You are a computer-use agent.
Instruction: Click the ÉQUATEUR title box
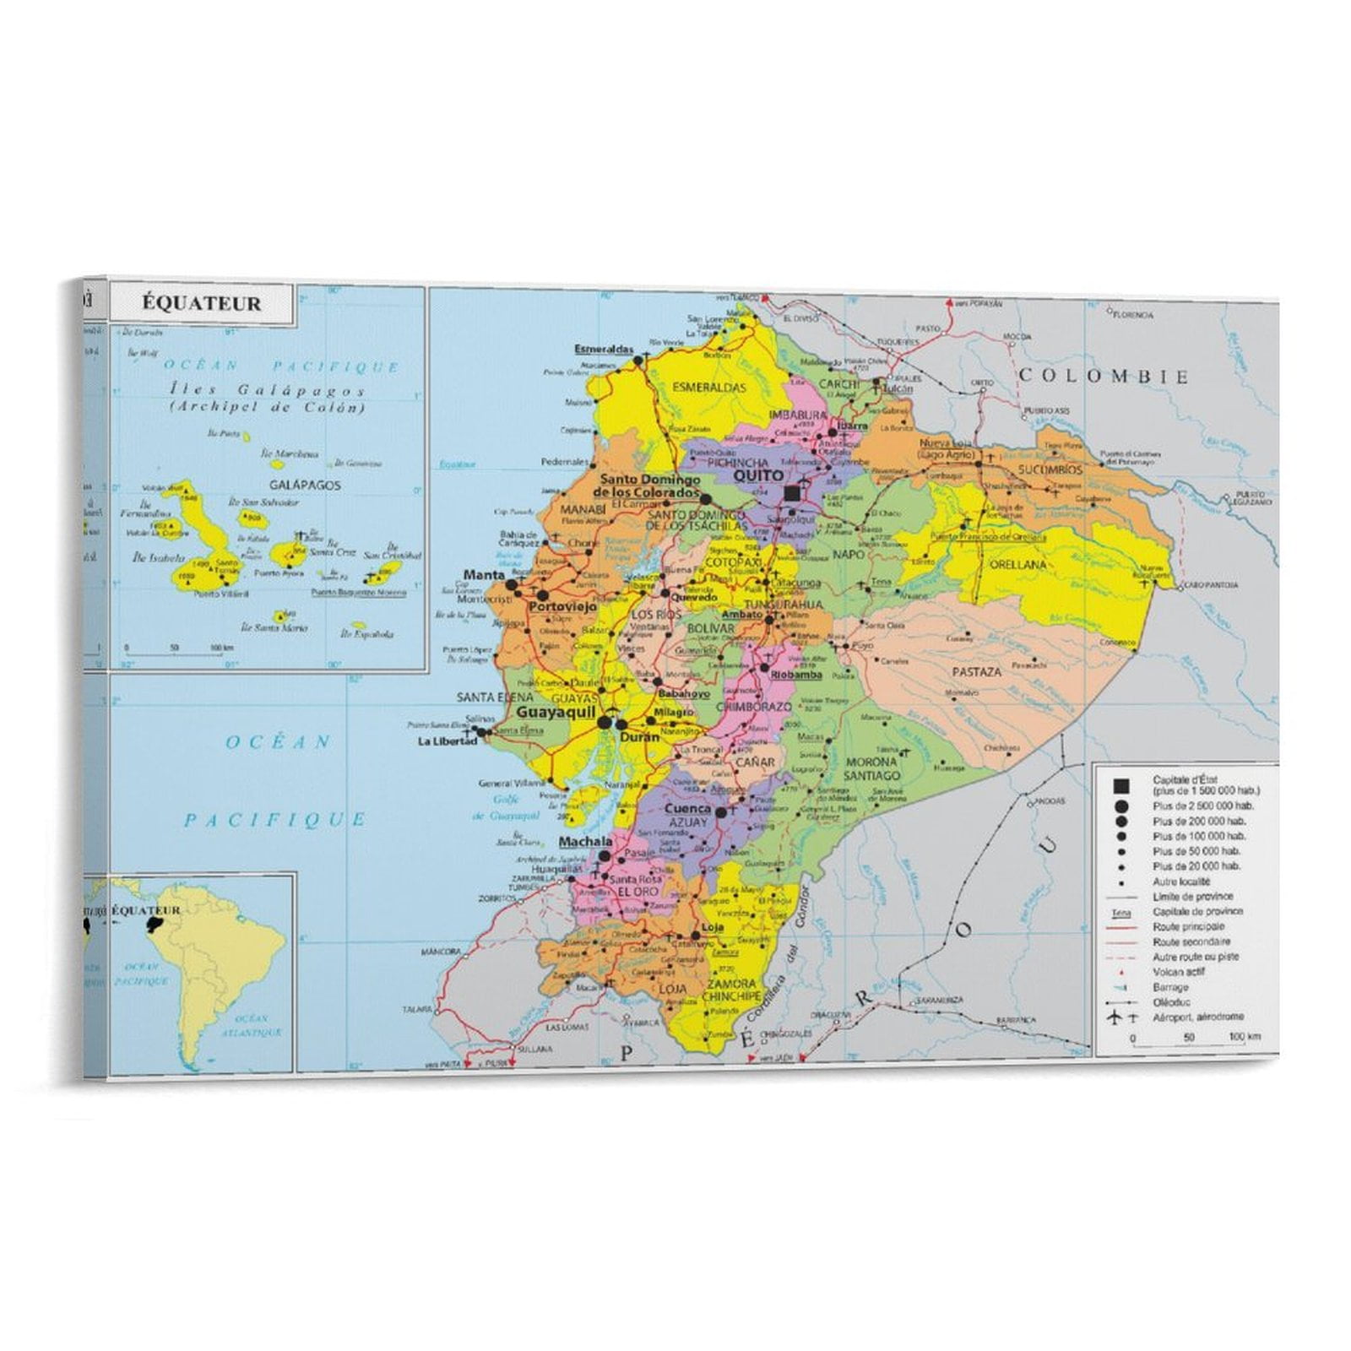[201, 304]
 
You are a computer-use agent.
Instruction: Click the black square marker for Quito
[791, 493]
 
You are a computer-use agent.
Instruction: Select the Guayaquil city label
[556, 712]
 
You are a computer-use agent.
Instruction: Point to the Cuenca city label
[688, 808]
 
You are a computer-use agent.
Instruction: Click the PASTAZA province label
[976, 672]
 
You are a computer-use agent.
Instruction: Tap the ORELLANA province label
[1017, 565]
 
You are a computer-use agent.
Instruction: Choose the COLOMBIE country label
[1103, 377]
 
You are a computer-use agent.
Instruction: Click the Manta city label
[484, 575]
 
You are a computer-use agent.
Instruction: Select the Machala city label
[585, 842]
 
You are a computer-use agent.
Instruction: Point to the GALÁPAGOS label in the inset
[305, 486]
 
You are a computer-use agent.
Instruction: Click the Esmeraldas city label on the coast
[604, 350]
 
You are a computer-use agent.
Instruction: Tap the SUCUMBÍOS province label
[1050, 469]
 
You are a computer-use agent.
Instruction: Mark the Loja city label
[712, 927]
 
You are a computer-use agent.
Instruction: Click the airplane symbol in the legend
[1114, 1017]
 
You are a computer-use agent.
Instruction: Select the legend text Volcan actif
[1179, 972]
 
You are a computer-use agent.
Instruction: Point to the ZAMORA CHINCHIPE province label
[731, 990]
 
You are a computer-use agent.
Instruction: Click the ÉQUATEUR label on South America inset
[145, 910]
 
